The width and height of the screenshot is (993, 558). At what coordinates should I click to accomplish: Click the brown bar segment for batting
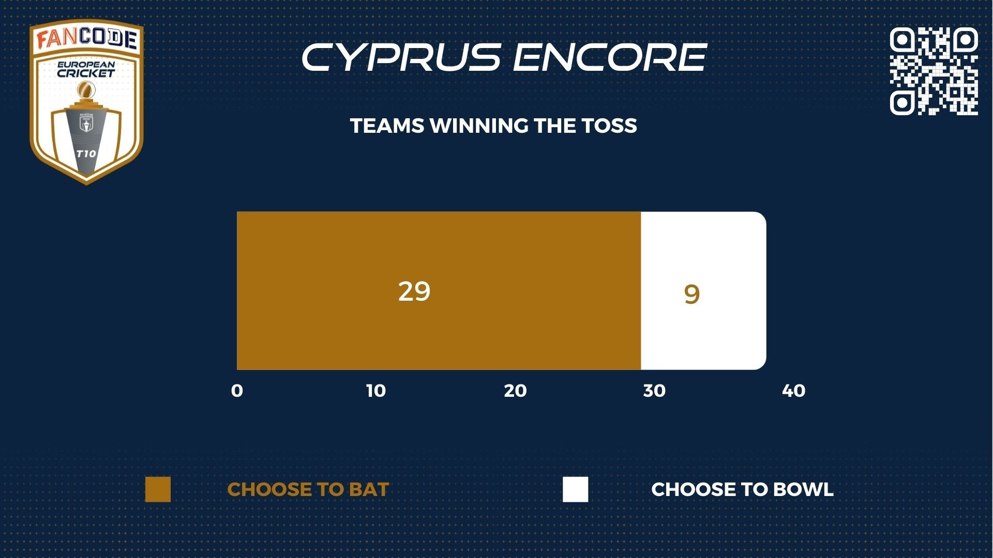coord(439,290)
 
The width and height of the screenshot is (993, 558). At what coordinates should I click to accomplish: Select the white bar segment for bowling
coord(703,290)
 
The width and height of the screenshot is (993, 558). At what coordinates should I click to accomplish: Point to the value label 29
coord(414,291)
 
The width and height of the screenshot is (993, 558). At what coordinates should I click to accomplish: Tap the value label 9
coord(691,295)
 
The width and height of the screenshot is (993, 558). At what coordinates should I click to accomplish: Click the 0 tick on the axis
coord(237,391)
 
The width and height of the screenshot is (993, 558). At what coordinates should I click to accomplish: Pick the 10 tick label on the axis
coord(376,391)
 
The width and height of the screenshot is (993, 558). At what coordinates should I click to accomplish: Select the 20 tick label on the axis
coord(515,391)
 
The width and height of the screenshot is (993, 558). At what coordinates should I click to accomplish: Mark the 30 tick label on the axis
coord(654,391)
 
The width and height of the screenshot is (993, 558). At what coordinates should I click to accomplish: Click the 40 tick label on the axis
coord(794,391)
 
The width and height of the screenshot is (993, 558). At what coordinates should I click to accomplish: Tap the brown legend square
coord(158,489)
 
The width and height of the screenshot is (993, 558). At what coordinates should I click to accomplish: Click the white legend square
coord(576,489)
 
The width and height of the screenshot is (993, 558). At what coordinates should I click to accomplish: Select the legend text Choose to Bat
coord(308,489)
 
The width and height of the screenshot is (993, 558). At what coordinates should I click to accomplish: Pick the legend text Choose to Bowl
coord(742,489)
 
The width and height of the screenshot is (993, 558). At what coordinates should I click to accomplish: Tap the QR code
coord(934,71)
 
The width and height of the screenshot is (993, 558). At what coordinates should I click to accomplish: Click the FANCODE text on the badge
coord(86,39)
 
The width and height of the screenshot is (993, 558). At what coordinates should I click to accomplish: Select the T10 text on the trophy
coord(86,153)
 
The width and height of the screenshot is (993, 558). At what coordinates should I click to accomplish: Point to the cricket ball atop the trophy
coord(86,91)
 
